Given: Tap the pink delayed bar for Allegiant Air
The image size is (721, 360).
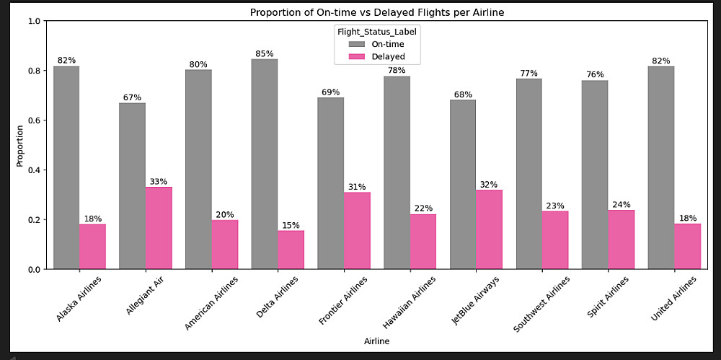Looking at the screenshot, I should [x=159, y=228].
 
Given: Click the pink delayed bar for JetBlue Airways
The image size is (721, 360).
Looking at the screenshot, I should [x=490, y=229].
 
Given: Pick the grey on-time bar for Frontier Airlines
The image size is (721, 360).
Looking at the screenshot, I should [x=330, y=183].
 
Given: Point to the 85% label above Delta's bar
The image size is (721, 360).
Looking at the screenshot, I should [x=265, y=53].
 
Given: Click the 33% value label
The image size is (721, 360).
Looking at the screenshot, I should [x=159, y=181].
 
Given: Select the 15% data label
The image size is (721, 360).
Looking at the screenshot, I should [x=291, y=225].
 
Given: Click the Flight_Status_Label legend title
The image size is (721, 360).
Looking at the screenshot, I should [x=377, y=32].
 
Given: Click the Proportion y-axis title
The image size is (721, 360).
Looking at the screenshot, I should [x=19, y=145].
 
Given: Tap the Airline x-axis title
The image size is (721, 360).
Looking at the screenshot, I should [x=377, y=341].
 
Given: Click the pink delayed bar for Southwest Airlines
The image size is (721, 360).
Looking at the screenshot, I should [x=555, y=240].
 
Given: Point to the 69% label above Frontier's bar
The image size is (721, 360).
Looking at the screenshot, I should [x=330, y=92].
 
